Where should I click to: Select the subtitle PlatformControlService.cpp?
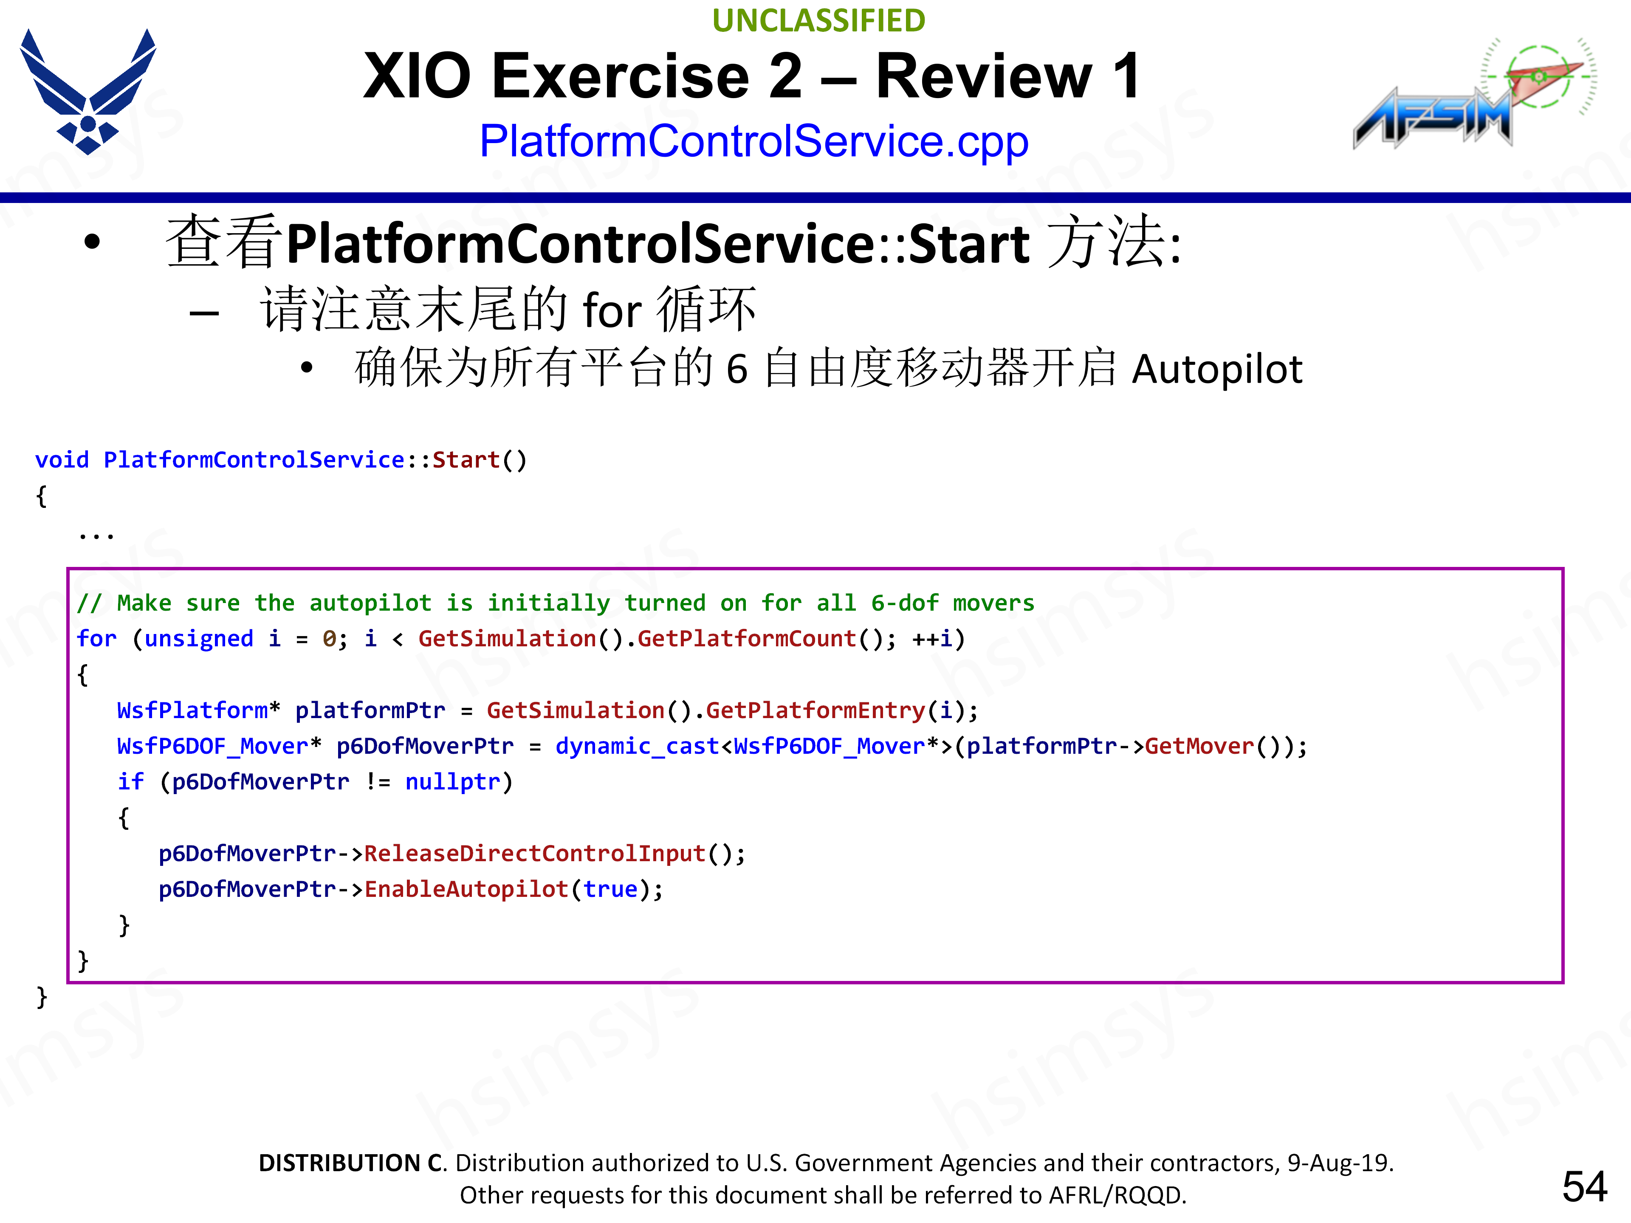point(753,141)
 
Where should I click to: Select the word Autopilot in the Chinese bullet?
point(1216,369)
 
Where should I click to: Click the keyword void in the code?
point(62,460)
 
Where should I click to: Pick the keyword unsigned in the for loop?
point(198,638)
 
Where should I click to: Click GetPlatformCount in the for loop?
point(746,638)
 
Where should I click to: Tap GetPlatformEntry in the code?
point(815,710)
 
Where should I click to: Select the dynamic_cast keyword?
point(637,746)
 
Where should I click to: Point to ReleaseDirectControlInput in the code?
point(535,853)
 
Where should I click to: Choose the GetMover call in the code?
point(1199,746)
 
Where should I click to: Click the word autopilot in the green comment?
point(370,603)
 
